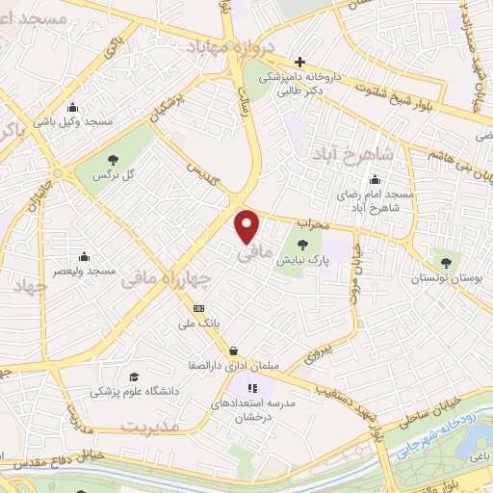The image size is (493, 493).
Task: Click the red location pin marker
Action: (x=248, y=226)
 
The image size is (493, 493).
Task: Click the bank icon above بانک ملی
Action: (x=199, y=308)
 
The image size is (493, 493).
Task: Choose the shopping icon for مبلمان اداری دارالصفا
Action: (x=233, y=350)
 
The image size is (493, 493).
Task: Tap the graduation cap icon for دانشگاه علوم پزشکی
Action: (x=135, y=376)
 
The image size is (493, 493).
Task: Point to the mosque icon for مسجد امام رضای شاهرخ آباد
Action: (x=375, y=179)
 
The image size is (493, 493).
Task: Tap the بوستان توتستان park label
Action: (x=444, y=277)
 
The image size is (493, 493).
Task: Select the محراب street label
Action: (x=310, y=224)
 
